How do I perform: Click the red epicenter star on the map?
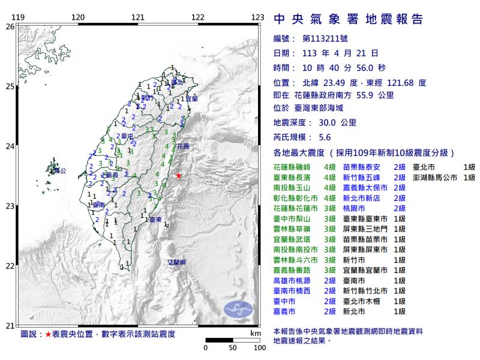[x=178, y=175]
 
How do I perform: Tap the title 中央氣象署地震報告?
[x=348, y=19]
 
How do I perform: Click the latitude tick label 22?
[x=10, y=266]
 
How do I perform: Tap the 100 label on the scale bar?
[x=259, y=347]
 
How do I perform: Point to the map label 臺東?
[x=155, y=220]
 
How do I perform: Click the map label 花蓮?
[x=183, y=146]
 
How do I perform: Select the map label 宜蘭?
[x=190, y=97]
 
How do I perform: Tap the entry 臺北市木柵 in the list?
[x=367, y=300]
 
